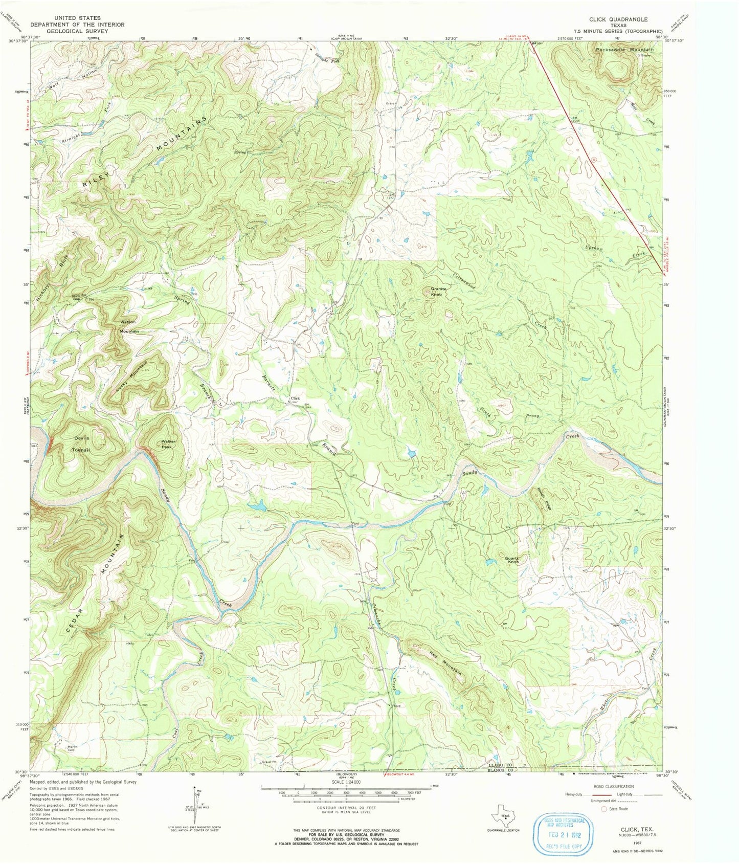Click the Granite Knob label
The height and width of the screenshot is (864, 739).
pos(438,292)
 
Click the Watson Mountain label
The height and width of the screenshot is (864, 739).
pos(129,326)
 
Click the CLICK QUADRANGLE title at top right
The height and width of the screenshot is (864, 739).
pos(618,19)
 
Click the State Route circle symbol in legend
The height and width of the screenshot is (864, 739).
pos(604,809)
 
